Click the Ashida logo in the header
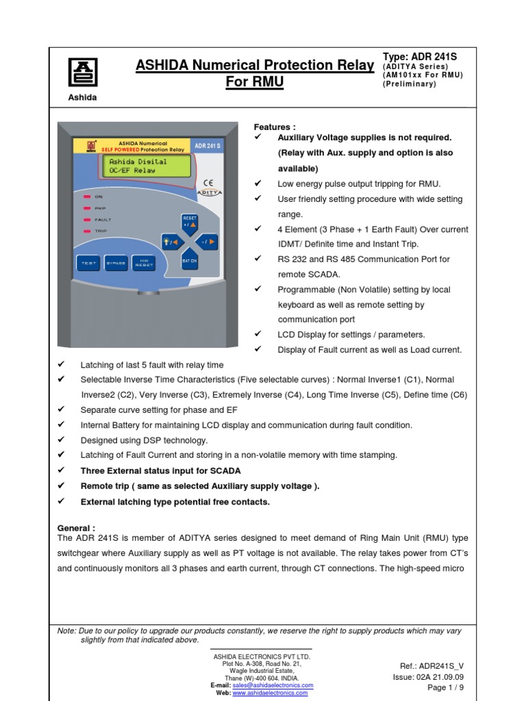82,72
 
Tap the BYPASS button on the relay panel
115,264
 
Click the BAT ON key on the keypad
190,262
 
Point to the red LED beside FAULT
87,220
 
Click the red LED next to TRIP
87,231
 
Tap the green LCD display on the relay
146,166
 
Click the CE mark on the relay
208,183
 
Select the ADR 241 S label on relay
208,146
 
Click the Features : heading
275,127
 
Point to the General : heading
76,528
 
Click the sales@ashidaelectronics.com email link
273,685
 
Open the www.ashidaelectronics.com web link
270,693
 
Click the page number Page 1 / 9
445,688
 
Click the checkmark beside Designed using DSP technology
61,440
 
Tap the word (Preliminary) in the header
410,84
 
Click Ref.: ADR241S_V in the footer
431,666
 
